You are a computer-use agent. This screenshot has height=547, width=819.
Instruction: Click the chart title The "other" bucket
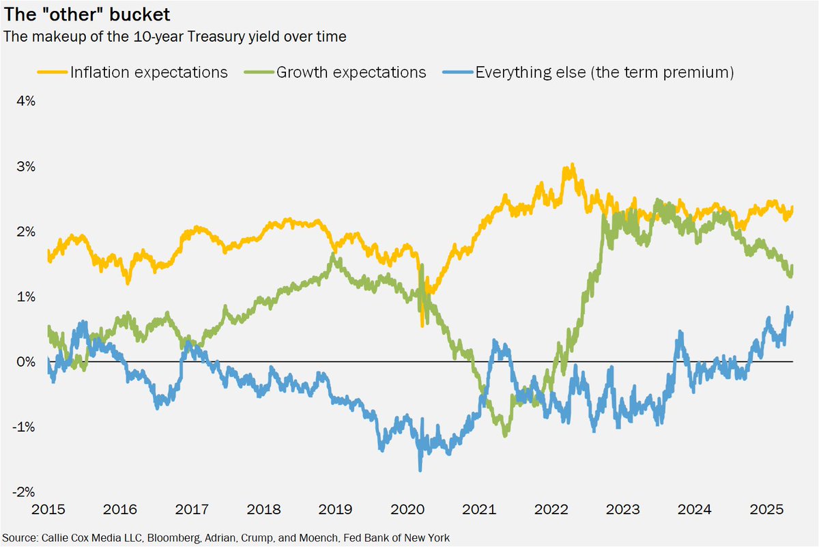coord(87,14)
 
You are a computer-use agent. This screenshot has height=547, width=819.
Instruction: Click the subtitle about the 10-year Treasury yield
coord(175,37)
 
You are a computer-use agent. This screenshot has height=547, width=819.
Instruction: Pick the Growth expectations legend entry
coord(351,72)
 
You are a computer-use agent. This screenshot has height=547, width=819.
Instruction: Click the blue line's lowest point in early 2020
coord(420,470)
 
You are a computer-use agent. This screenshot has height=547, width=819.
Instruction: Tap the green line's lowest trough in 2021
coord(505,435)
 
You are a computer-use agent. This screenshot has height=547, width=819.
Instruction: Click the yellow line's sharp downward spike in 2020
coord(422,326)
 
